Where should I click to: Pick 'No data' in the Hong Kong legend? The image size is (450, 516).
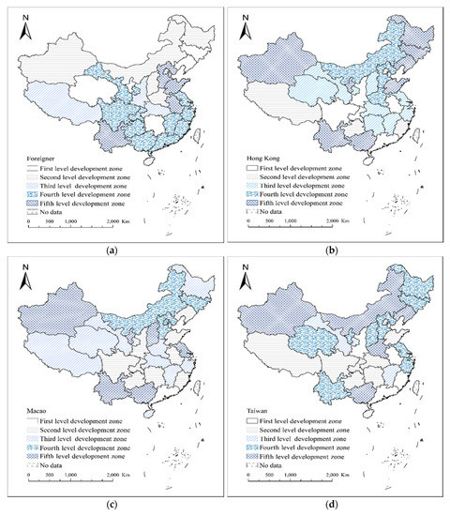coord(274,213)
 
